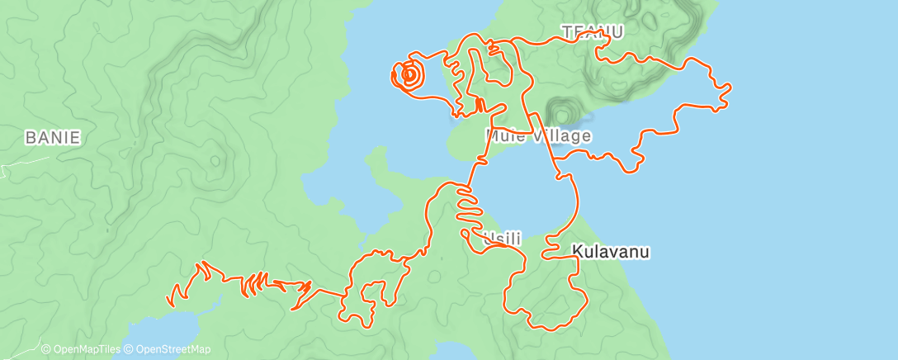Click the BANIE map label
point(53,138)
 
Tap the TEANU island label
point(592,32)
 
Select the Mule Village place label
point(538,135)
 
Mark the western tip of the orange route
point(168,301)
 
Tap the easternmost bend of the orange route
point(730,86)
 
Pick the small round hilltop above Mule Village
point(563,111)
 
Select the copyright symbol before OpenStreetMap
point(129,349)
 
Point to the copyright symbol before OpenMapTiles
point(46,349)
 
